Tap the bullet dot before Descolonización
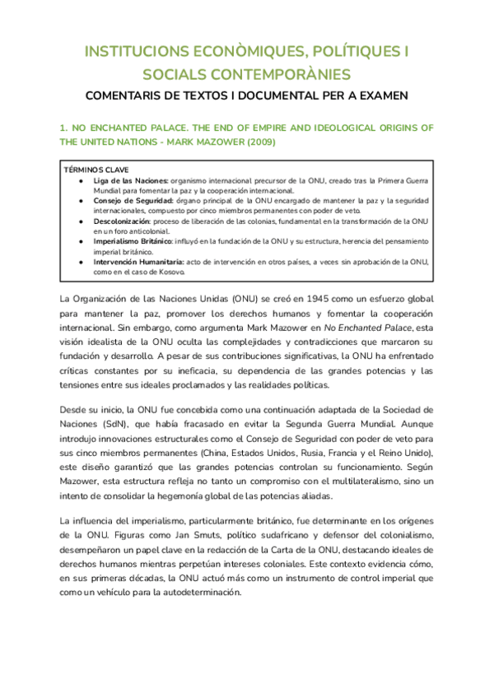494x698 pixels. coord(79,221)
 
